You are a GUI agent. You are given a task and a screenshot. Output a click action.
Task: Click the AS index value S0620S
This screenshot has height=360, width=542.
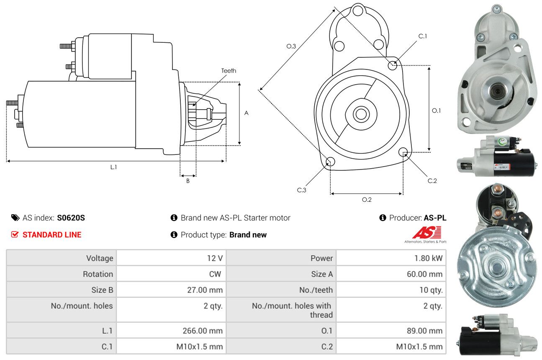[x=71, y=218]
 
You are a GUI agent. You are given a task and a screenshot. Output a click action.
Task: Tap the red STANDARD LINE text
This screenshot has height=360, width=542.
[x=52, y=235]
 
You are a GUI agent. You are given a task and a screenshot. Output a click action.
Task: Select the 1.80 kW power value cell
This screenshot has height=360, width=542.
[x=391, y=258]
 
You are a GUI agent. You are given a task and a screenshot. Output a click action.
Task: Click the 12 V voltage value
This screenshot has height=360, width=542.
[x=215, y=258]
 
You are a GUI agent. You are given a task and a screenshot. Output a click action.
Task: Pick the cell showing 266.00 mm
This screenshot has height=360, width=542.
[x=171, y=330]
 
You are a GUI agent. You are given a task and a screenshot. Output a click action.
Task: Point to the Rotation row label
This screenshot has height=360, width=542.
[x=98, y=274]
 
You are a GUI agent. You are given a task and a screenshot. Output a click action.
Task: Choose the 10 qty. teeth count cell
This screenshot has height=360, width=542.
[x=391, y=290]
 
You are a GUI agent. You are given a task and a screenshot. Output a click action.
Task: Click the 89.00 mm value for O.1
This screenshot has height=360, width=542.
[x=424, y=330]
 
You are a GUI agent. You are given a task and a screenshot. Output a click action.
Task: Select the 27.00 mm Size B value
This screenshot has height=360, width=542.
[x=205, y=290]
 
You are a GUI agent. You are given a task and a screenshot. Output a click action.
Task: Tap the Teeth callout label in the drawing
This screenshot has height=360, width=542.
[x=229, y=71]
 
